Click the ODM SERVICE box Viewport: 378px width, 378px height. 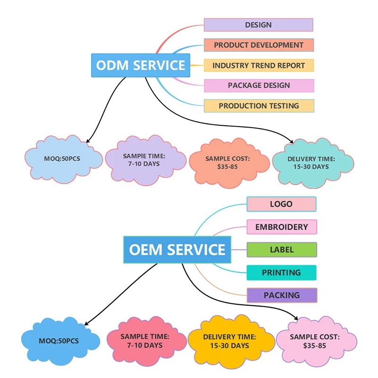140,65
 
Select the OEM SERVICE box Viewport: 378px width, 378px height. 177,249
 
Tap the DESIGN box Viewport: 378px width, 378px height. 258,25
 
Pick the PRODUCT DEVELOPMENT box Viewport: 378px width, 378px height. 258,45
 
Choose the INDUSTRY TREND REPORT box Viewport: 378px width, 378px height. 258,66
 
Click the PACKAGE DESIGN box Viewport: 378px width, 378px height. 258,86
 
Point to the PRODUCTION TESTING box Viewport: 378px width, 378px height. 258,106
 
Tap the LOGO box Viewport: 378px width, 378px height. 281,204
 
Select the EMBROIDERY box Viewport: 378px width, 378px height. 281,227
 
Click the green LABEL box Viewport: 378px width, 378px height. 281,249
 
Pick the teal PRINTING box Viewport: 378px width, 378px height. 281,273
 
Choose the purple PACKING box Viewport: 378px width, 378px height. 281,295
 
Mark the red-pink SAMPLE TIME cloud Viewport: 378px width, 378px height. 145,341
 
